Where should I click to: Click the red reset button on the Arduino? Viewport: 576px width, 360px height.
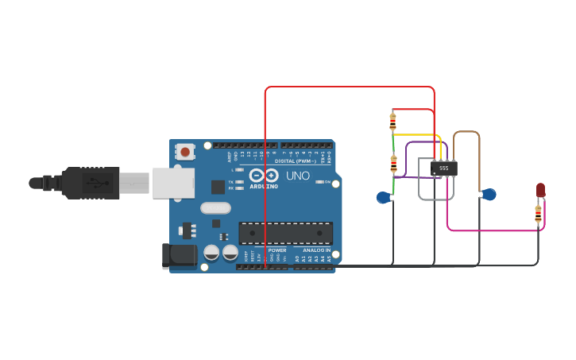(x=185, y=151)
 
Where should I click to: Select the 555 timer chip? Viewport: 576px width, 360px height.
(x=443, y=168)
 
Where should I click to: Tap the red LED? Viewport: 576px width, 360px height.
(x=540, y=190)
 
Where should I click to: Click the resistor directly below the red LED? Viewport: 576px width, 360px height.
(x=538, y=213)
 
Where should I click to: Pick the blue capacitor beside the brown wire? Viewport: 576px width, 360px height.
(x=489, y=194)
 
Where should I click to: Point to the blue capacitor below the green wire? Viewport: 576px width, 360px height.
(x=384, y=197)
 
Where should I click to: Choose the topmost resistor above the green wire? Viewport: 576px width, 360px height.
(x=392, y=122)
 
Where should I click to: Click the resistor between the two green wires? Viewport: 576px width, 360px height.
(x=393, y=164)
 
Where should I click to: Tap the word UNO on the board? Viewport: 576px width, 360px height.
(x=298, y=176)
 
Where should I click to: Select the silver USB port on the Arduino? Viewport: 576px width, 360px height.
(x=173, y=183)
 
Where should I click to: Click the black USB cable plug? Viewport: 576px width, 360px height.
(x=91, y=183)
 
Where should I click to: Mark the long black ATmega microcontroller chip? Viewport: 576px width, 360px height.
(x=285, y=233)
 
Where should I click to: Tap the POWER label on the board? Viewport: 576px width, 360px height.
(x=276, y=250)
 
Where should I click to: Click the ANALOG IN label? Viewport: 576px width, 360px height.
(x=316, y=250)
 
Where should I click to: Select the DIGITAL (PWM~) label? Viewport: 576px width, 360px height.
(x=294, y=161)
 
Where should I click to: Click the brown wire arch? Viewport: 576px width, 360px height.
(x=466, y=132)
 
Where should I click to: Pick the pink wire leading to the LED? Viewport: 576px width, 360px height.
(x=493, y=230)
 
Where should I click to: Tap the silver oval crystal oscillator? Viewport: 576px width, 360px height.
(x=215, y=208)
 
